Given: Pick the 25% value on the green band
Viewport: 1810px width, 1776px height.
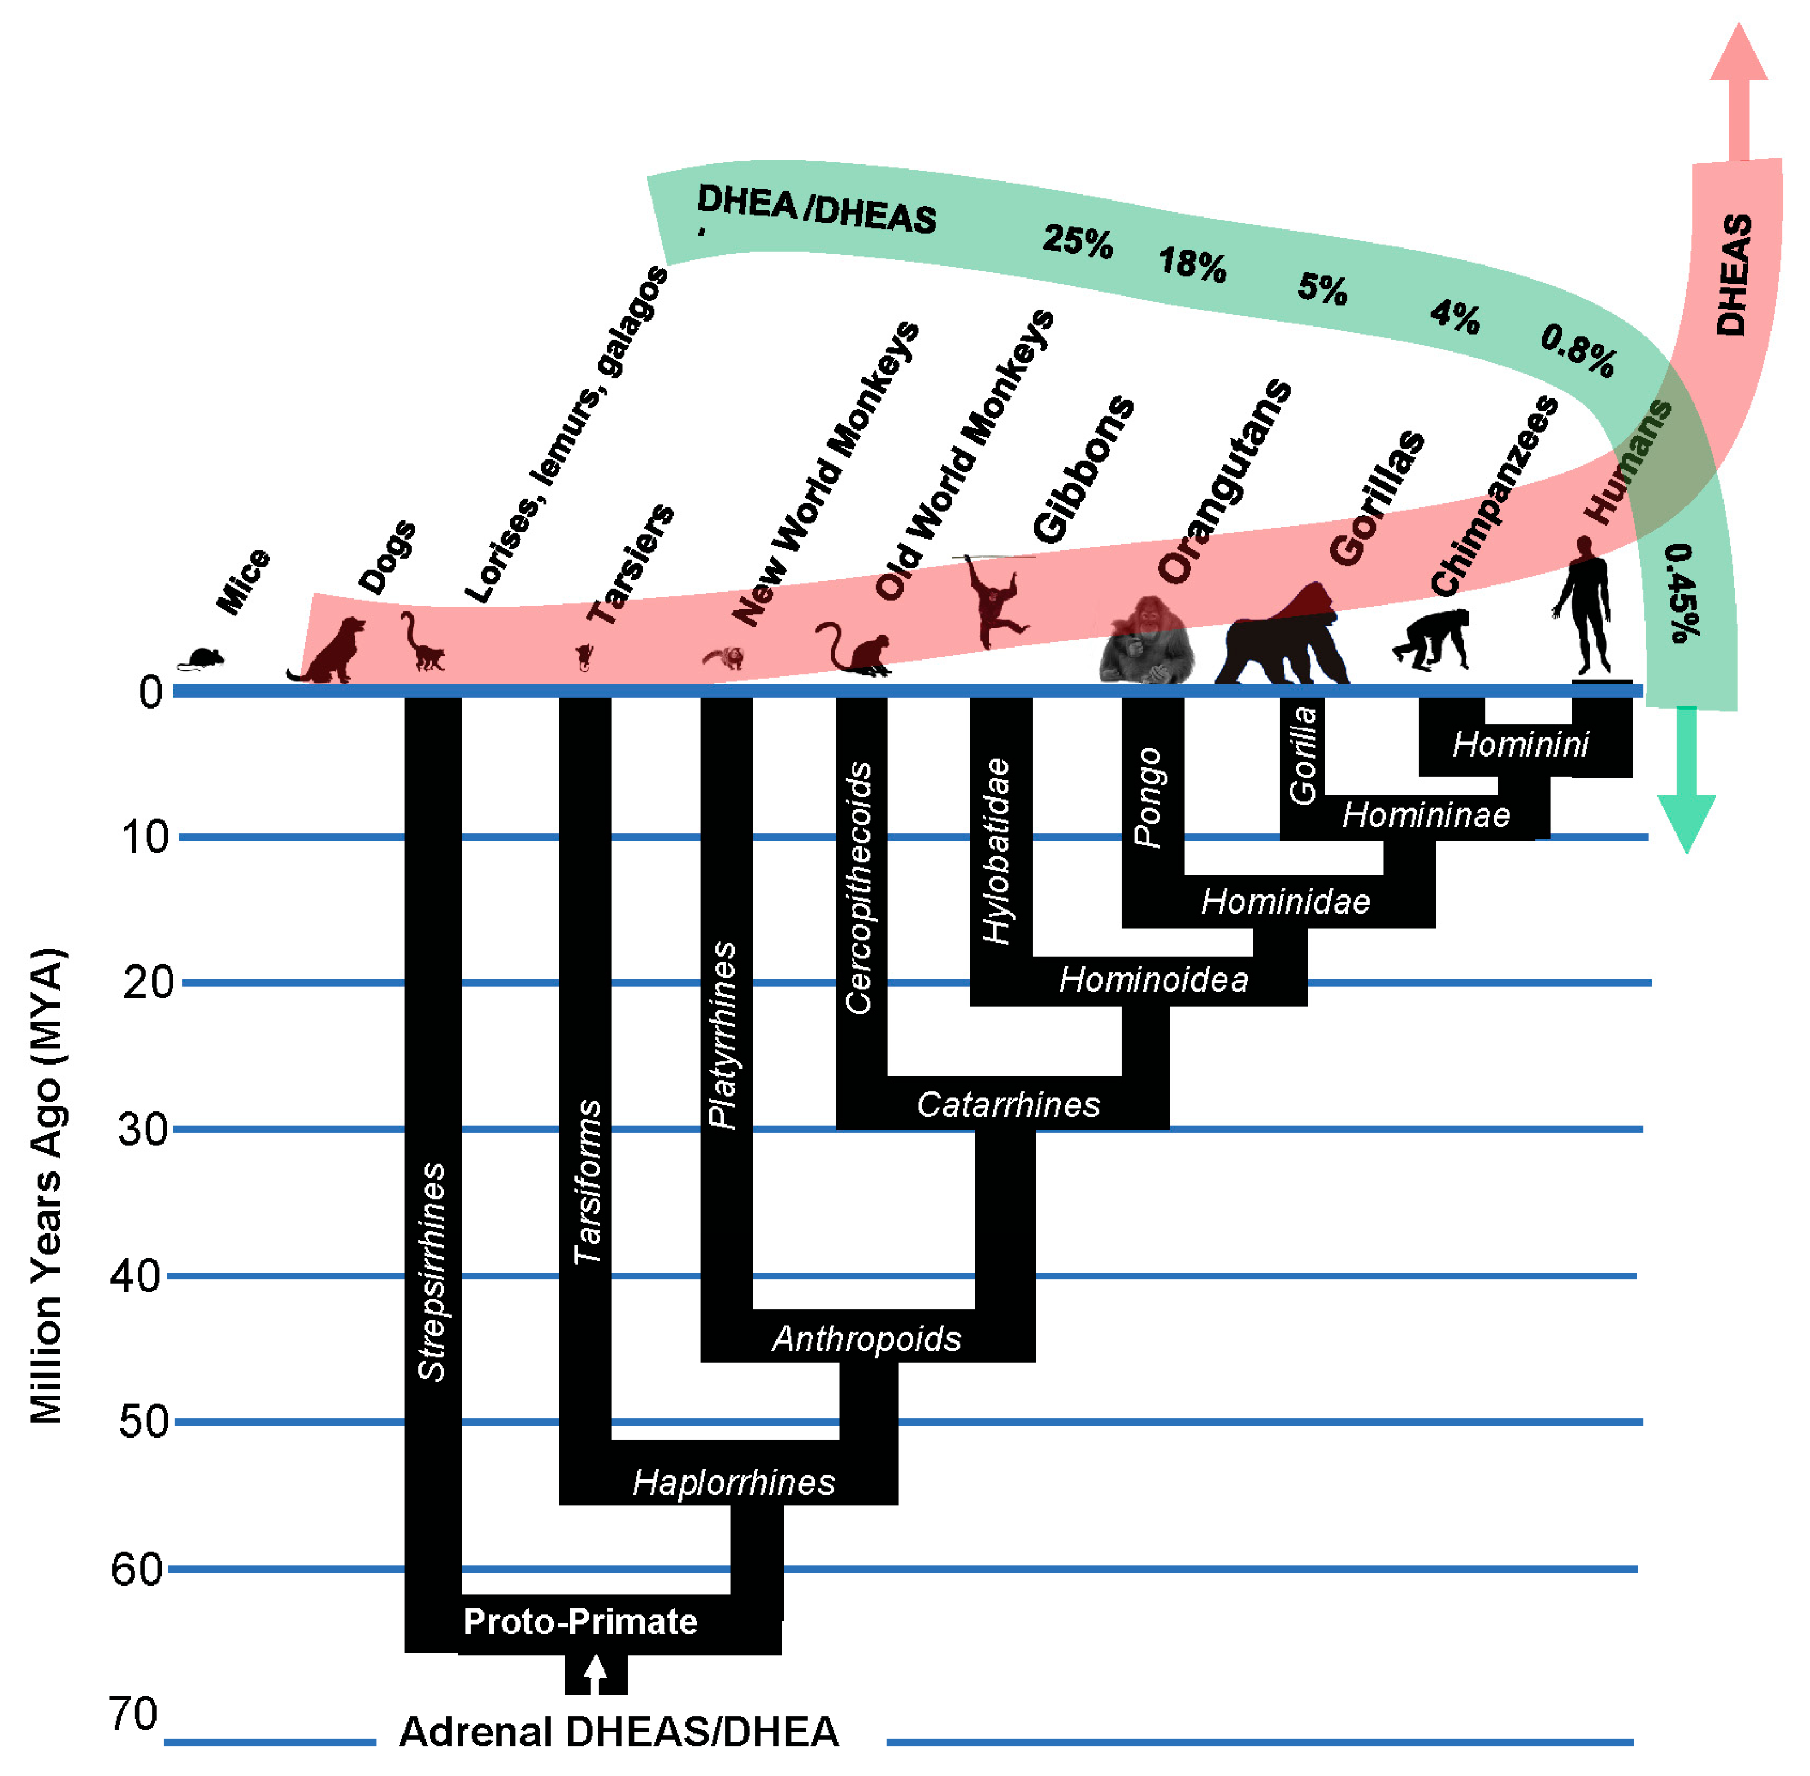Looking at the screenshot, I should [x=1078, y=241].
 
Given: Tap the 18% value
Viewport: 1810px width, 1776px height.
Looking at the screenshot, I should [x=1192, y=264].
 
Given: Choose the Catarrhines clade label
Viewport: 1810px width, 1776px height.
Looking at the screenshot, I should [x=1009, y=1104].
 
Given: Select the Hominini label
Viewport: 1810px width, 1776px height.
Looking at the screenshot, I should [x=1521, y=744].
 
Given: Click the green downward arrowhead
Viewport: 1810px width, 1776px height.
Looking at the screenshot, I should [x=1686, y=821].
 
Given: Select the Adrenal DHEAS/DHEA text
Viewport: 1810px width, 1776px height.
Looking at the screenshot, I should [x=619, y=1732].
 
